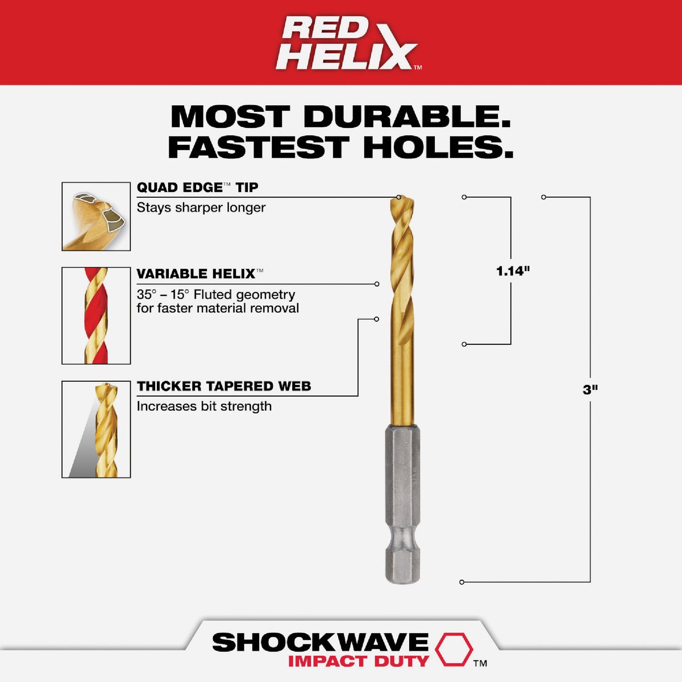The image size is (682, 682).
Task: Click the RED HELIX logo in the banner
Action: point(348,43)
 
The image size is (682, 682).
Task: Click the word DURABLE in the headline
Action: point(406,117)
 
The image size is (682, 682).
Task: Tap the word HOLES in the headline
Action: point(438,147)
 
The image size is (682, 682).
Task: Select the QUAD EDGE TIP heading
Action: point(197,188)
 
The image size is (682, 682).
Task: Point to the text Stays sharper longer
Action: point(201,207)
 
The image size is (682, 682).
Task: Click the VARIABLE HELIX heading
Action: point(196,274)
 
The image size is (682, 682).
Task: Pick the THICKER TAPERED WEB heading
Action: point(224,386)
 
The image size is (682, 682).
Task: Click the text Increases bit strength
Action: point(204,406)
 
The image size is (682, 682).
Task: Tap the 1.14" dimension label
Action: point(513,271)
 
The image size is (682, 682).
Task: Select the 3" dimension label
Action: point(590,390)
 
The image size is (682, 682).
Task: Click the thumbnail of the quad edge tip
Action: point(96,217)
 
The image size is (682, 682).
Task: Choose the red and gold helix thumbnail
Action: point(96,315)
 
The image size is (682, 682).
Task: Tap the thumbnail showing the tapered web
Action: point(96,429)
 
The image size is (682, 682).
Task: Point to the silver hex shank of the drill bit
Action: point(402,500)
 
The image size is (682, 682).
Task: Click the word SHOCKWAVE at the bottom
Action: point(320,642)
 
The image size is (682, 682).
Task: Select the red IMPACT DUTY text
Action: point(358,661)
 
